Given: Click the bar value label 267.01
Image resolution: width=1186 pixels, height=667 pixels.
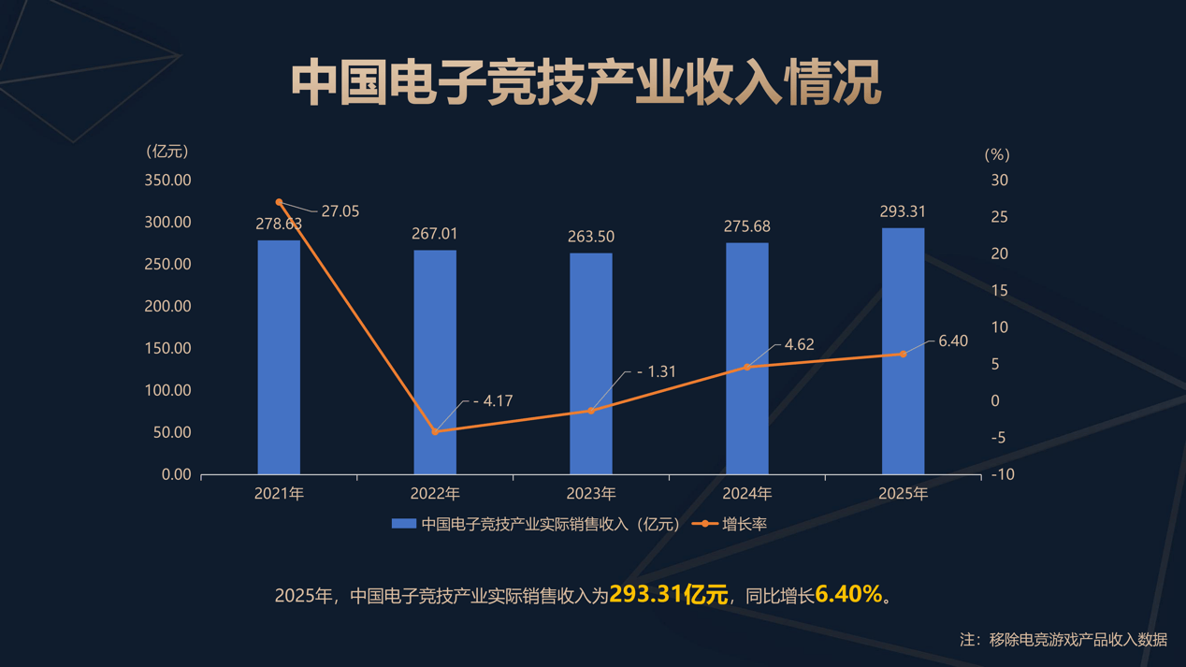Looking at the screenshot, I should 435,234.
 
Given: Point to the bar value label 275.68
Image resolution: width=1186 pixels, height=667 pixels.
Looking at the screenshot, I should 746,226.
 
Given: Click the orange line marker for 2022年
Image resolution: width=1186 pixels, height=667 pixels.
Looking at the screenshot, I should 435,431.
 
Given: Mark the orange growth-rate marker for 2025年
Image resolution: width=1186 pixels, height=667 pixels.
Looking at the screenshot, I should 903,355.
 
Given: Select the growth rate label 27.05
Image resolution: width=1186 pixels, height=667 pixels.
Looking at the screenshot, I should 340,211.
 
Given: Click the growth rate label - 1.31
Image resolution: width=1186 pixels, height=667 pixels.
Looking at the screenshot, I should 656,371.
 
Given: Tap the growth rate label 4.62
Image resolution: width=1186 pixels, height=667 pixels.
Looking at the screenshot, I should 799,344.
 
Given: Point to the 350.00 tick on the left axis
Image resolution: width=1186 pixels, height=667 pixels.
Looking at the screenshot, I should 168,180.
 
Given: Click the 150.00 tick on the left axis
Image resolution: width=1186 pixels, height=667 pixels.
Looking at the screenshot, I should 168,348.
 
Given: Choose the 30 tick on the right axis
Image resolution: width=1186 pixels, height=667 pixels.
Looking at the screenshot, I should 999,180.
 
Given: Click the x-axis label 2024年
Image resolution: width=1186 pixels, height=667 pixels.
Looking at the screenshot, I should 746,493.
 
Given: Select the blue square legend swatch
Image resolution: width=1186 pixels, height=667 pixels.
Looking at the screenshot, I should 403,524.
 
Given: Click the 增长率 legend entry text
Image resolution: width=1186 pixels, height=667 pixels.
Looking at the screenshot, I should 745,524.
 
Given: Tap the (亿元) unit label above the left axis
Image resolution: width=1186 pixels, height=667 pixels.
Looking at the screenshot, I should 167,152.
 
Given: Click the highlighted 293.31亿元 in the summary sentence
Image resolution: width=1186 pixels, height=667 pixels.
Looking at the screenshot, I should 668,594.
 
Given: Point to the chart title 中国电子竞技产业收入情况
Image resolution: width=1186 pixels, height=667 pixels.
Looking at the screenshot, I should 586,83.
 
